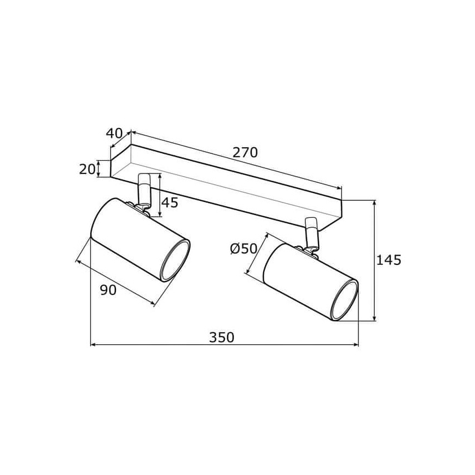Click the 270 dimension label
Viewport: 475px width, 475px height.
click(x=245, y=152)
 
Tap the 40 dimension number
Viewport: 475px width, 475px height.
click(x=114, y=133)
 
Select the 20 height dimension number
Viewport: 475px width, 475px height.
click(x=87, y=169)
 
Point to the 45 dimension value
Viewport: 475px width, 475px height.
click(x=170, y=202)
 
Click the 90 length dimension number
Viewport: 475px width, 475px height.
click(x=108, y=290)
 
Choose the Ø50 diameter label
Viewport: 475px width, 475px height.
click(x=244, y=249)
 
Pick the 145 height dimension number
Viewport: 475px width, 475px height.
click(x=389, y=260)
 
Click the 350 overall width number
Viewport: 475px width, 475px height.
click(x=222, y=338)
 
